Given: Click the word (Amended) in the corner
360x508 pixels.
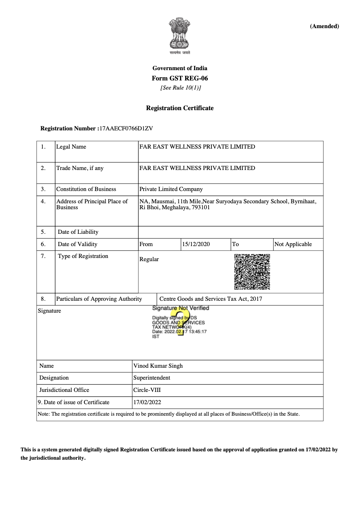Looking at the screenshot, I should tap(324, 27).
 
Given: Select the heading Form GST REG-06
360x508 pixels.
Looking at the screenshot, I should tap(180, 78).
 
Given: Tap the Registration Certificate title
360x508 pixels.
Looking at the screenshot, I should tap(180, 108).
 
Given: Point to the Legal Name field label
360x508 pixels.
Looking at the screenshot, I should tap(71, 147).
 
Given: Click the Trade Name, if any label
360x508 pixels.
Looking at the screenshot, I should tap(80, 168).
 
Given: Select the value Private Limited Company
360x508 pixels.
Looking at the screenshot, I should tap(171, 189).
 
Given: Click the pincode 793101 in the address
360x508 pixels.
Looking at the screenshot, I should tap(201, 207).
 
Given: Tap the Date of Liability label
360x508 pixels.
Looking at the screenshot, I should tap(78, 232).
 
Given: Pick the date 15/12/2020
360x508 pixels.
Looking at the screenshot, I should tap(195, 244).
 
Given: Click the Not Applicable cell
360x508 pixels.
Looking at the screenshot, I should tap(293, 244).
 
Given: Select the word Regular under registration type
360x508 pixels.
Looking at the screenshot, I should tap(149, 259).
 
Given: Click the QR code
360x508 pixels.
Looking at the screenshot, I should tap(252, 271).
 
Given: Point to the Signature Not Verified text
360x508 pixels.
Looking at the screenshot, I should tap(180, 308).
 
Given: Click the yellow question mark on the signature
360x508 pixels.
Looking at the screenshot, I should tap(180, 323).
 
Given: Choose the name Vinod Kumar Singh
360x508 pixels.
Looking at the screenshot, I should tap(158, 366).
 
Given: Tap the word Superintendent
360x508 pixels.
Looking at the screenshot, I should tap(151, 378).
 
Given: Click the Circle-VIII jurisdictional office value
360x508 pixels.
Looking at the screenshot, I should tap(147, 390).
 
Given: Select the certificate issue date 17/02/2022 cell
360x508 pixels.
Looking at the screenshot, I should tap(147, 402).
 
